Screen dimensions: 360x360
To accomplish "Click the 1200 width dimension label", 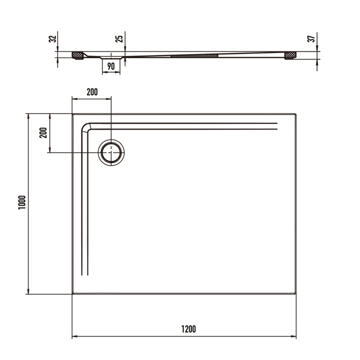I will click(189, 329).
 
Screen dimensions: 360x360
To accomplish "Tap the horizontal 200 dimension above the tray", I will click(92, 93).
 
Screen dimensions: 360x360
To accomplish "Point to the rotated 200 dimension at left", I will click(43, 133).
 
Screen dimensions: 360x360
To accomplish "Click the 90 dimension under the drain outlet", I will click(111, 66).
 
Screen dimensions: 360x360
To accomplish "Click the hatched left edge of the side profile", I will click(78, 55).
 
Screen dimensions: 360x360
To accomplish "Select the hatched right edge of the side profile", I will click(291, 55).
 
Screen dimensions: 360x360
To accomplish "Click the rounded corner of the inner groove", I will click(86, 127).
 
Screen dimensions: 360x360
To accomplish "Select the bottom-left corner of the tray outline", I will click(73, 294).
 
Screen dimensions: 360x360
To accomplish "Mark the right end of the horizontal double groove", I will click(277, 125).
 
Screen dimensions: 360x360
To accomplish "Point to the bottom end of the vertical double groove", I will click(86, 276).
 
